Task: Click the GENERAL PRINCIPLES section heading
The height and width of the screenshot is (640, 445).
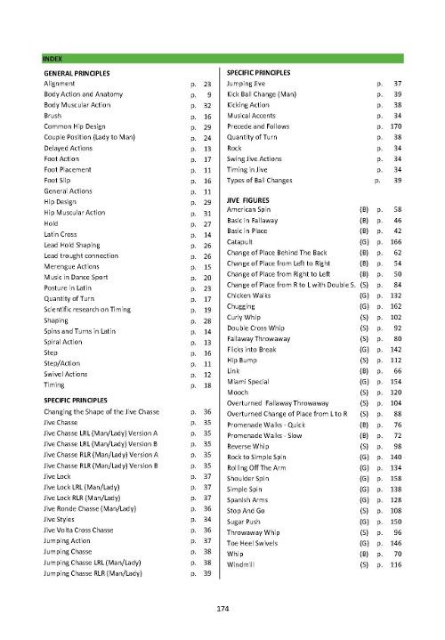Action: tap(77, 70)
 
